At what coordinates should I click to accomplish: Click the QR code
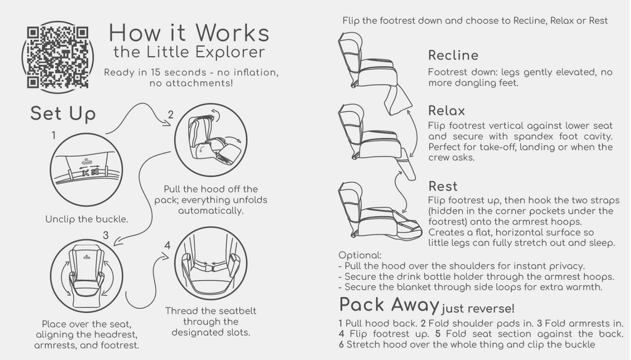pyautogui.click(x=57, y=57)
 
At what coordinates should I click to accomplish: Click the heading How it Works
pyautogui.click(x=189, y=33)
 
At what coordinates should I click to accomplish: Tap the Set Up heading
pyautogui.click(x=63, y=113)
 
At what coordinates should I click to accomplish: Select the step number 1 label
pyautogui.click(x=54, y=136)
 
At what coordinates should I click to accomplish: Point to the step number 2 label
pyautogui.click(x=171, y=115)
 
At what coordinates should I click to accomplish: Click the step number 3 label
pyautogui.click(x=105, y=235)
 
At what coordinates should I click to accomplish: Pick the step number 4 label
pyautogui.click(x=168, y=245)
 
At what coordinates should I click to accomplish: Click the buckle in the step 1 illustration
pyautogui.click(x=89, y=173)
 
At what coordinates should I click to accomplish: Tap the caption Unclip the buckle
pyautogui.click(x=86, y=219)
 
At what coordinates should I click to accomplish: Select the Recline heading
pyautogui.click(x=453, y=55)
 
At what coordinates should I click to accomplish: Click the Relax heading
pyautogui.click(x=446, y=111)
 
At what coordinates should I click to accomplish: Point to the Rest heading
pyautogui.click(x=442, y=186)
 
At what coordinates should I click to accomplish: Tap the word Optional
pyautogui.click(x=360, y=255)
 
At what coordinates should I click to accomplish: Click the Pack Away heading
pyautogui.click(x=389, y=305)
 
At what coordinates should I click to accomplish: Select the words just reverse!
pyautogui.click(x=478, y=309)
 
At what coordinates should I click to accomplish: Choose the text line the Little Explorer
pyautogui.click(x=189, y=52)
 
